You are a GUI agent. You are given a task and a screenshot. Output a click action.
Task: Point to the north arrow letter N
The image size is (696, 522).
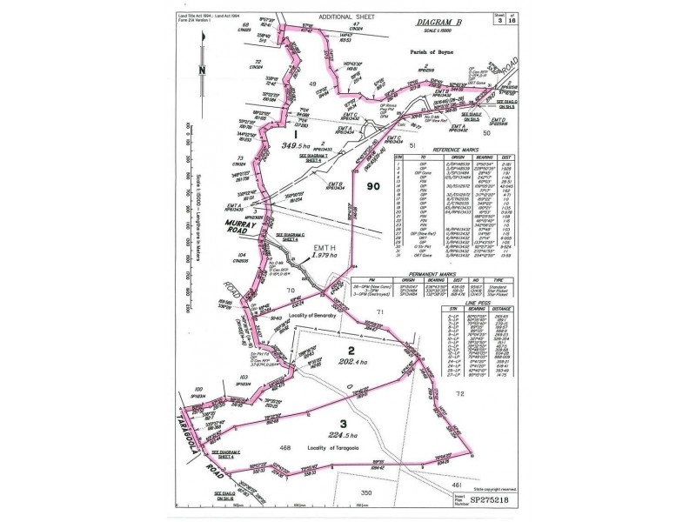pos(202,70)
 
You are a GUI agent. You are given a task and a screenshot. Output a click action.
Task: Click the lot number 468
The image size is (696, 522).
pos(284,447)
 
